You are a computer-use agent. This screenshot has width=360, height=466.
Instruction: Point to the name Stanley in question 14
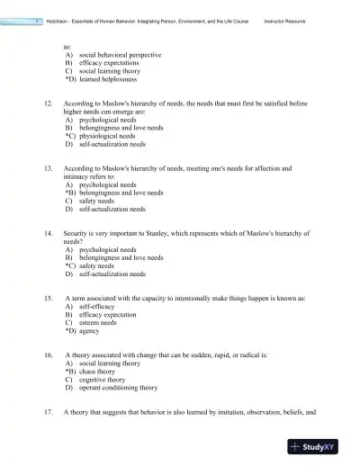pyautogui.click(x=157, y=233)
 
